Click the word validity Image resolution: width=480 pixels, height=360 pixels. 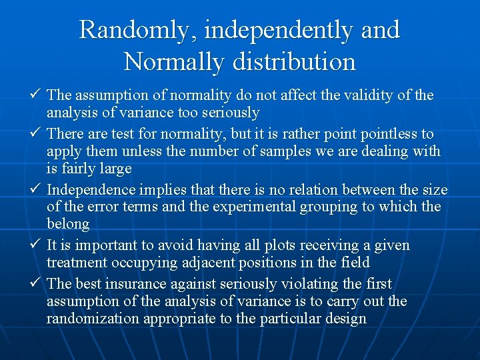[x=367, y=96]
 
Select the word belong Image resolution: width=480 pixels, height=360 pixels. [x=68, y=224]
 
